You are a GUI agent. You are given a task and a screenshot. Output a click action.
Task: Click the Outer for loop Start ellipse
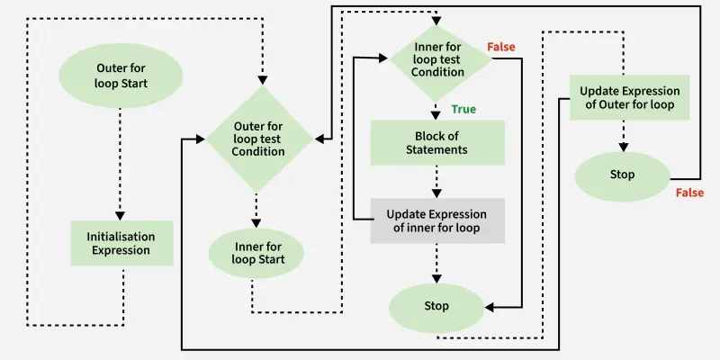pos(121,76)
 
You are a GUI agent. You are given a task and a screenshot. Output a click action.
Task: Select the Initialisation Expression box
pos(121,243)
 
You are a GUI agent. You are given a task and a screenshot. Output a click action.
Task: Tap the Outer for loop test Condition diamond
pos(259,139)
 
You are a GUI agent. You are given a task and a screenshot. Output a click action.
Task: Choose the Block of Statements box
pos(437,142)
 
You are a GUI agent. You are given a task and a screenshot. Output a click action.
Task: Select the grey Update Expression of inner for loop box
pos(436,221)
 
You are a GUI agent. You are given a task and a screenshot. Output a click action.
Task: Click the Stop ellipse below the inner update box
pos(436,306)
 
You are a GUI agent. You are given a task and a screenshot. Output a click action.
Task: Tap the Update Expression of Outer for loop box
pos(629,97)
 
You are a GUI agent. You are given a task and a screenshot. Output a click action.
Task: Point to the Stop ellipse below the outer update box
pos(622,175)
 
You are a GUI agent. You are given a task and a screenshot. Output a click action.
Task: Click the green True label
pos(463,110)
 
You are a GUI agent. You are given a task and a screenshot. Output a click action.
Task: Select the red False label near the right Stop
pos(691,193)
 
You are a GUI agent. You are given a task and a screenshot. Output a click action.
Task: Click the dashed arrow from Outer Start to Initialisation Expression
pos(121,171)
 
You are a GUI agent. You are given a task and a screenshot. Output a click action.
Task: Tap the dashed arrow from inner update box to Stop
pos(437,263)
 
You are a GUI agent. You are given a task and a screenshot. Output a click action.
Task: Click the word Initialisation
pos(121,236)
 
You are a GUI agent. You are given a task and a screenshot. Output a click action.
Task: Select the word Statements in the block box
pos(437,149)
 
